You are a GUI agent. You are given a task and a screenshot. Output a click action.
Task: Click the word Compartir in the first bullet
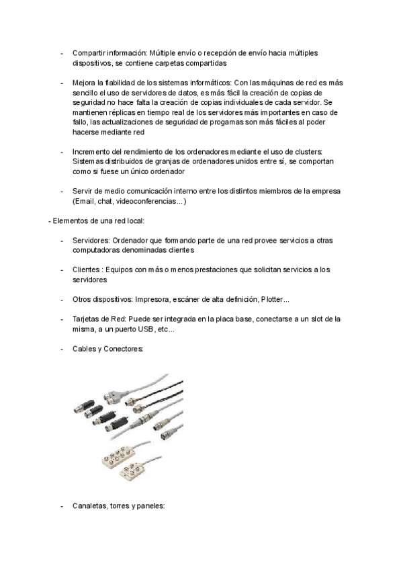88,53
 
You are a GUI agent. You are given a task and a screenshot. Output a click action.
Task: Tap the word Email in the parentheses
84,201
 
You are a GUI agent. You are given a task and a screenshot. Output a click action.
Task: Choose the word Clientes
87,270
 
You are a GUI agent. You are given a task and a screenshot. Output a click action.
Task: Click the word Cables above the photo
85,349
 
